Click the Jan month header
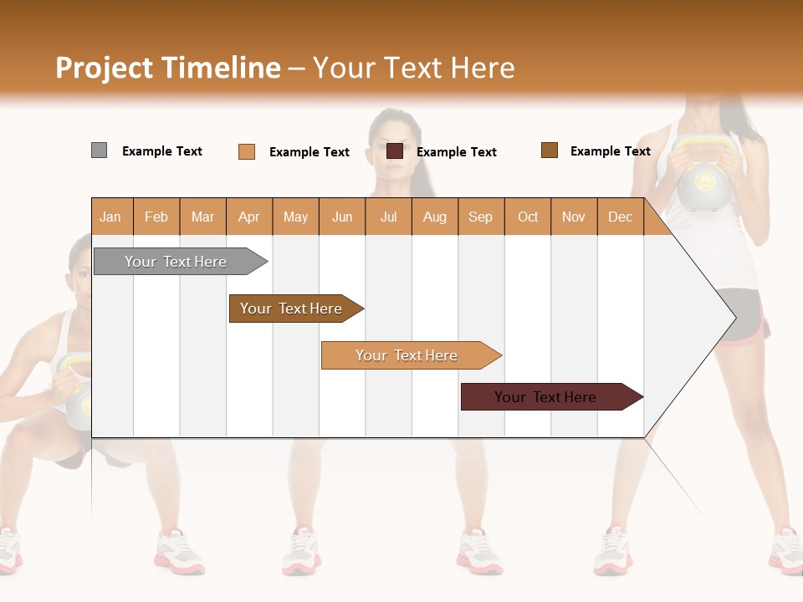110,217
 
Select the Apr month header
248,217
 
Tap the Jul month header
388,217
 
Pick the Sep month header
480,217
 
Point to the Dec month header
620,217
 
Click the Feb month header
156,217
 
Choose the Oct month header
528,217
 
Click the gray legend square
99,150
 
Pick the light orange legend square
247,151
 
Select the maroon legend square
395,151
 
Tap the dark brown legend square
550,150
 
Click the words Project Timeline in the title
167,68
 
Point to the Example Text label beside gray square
162,151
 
